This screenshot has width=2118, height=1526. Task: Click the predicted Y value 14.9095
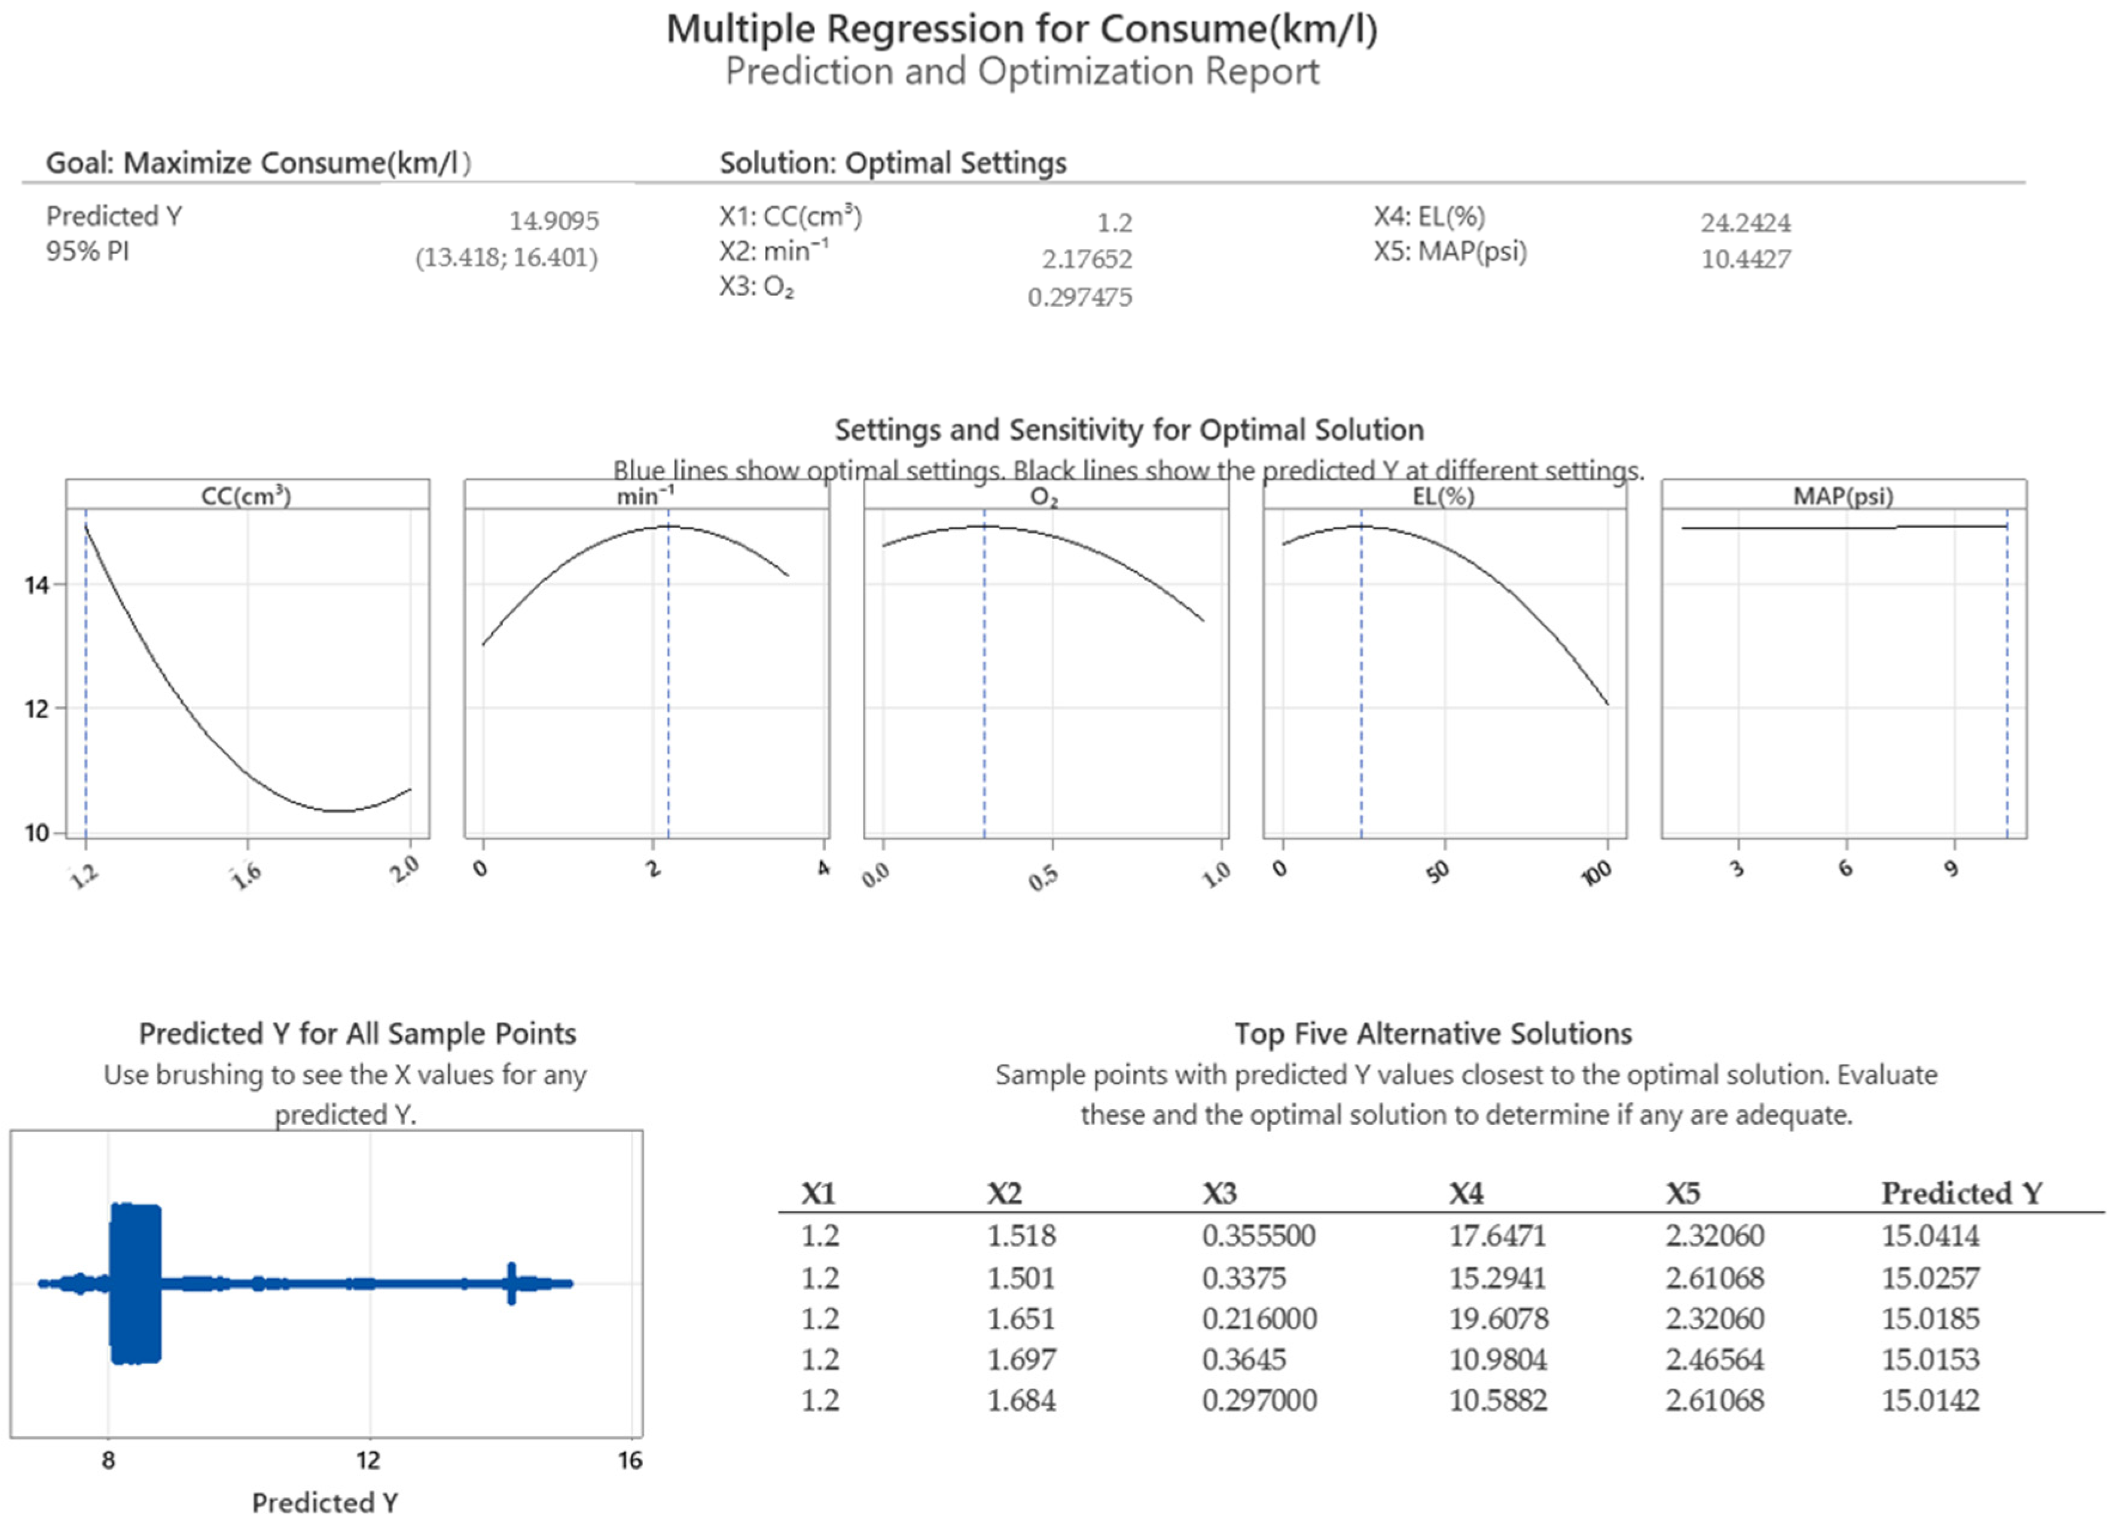[x=554, y=221]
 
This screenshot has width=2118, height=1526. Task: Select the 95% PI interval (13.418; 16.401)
[x=506, y=258]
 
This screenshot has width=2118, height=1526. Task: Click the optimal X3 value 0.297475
[x=1079, y=297]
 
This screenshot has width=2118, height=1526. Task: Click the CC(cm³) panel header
[x=246, y=495]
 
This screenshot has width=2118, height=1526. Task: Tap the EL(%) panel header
[x=1443, y=496]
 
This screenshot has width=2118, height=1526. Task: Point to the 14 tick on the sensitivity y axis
[x=37, y=585]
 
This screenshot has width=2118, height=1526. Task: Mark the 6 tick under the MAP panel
[x=1845, y=868]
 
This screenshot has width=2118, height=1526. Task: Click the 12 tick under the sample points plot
[x=369, y=1460]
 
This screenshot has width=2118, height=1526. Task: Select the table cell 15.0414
[x=1930, y=1235]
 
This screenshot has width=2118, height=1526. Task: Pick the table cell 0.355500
[x=1259, y=1235]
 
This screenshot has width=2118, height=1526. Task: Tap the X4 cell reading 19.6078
[x=1498, y=1319]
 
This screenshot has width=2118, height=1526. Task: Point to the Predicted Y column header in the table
[x=1962, y=1194]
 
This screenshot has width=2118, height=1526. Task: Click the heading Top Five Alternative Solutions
[x=1433, y=1034]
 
